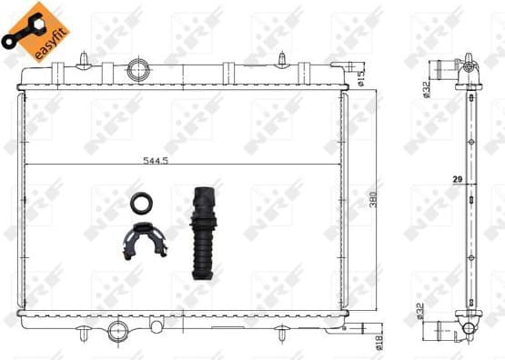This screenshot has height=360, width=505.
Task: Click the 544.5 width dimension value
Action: [x=156, y=160]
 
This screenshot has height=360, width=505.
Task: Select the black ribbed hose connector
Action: [x=201, y=235]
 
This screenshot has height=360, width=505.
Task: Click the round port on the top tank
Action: [x=139, y=69]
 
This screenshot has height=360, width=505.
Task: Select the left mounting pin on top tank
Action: [x=83, y=59]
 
